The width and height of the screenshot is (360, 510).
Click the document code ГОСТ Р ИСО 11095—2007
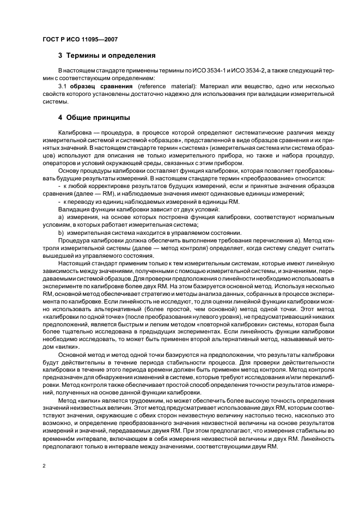tap(80, 39)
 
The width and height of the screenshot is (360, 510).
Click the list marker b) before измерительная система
tap(60, 233)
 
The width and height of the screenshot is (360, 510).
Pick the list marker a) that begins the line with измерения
tap(60, 217)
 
